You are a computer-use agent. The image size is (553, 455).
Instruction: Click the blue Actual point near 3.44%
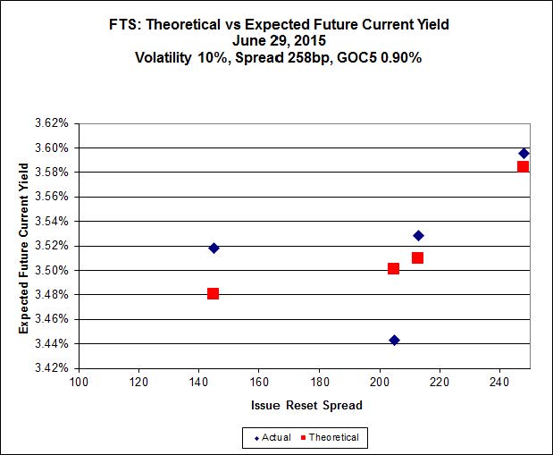click(394, 340)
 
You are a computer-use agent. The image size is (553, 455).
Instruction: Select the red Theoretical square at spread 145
click(213, 293)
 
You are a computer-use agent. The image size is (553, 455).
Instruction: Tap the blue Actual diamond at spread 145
click(214, 248)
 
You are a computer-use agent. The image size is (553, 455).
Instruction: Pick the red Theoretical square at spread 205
click(393, 268)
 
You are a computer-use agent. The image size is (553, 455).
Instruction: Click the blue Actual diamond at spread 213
click(418, 235)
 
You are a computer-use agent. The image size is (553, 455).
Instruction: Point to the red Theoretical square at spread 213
click(417, 257)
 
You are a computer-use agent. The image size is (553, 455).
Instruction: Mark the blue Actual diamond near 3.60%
click(524, 153)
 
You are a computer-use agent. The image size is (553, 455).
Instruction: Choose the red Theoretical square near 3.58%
click(523, 166)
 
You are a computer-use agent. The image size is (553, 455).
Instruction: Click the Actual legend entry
click(272, 437)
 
